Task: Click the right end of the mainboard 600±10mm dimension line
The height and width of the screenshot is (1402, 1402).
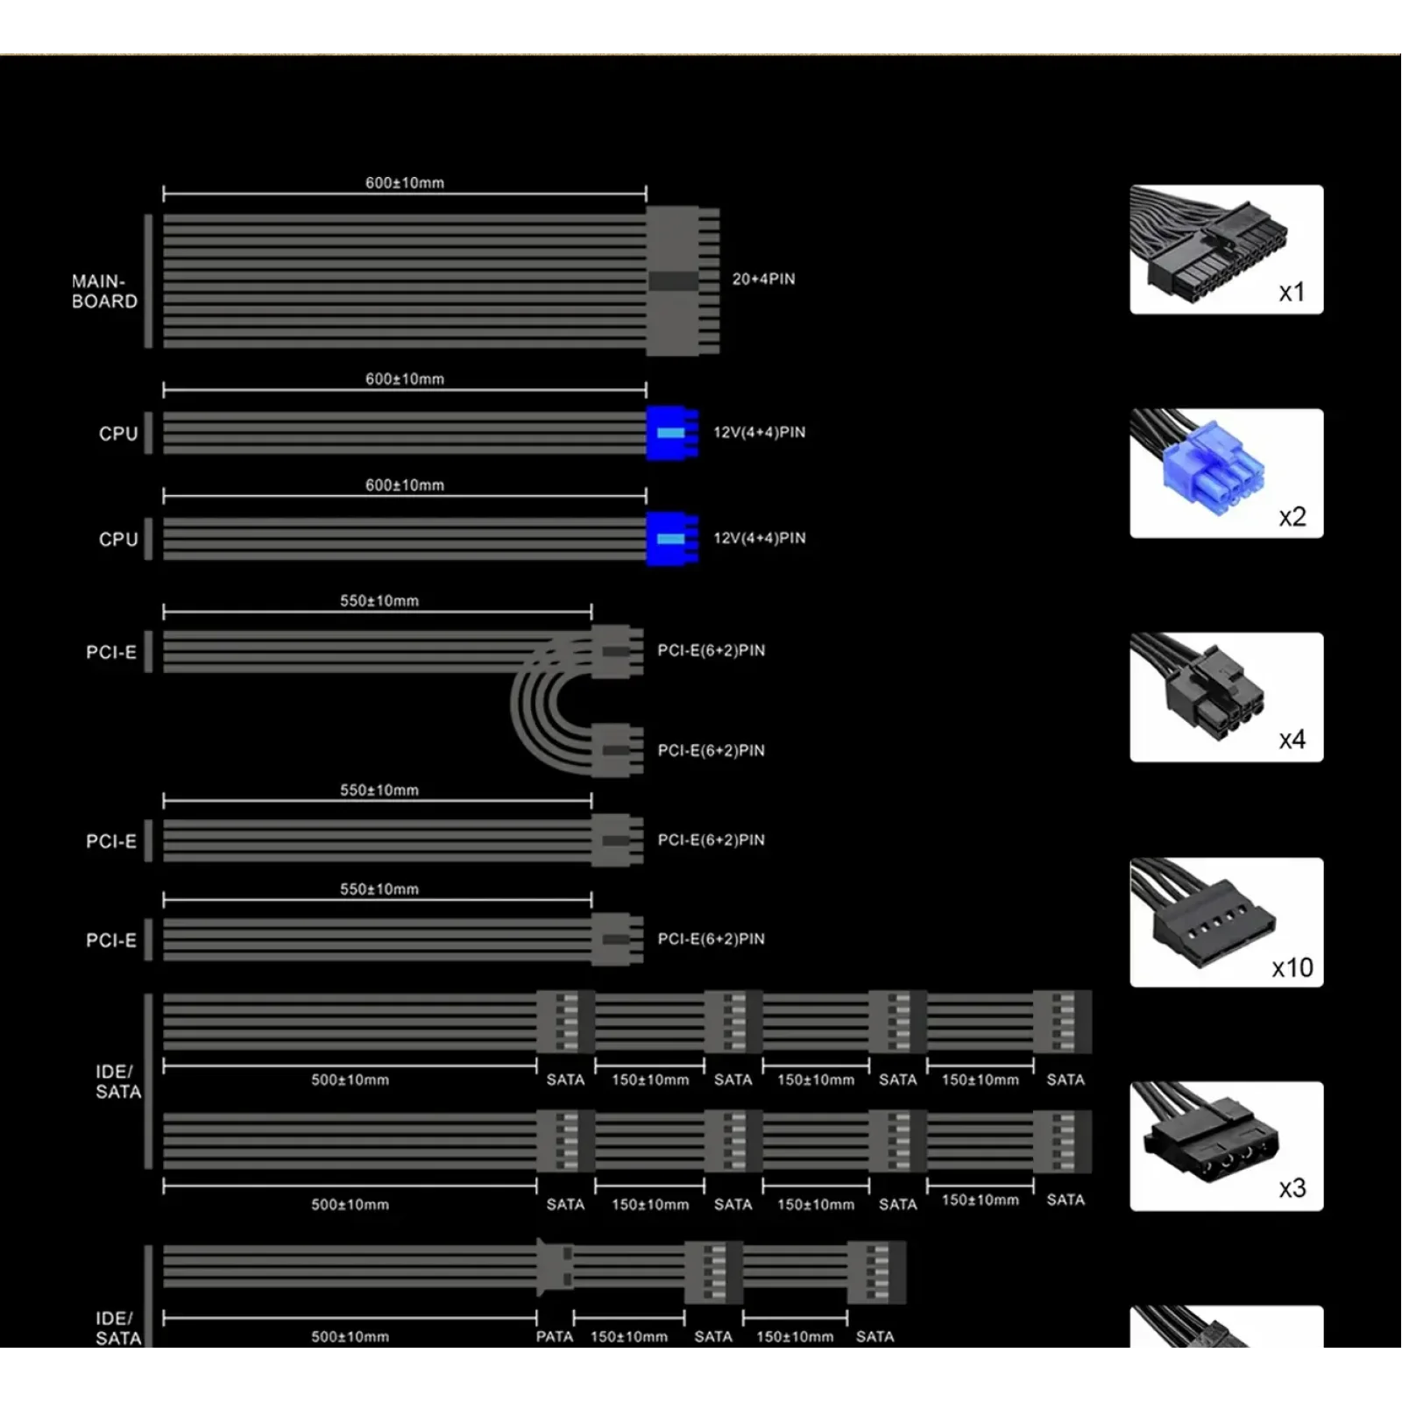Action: pyautogui.click(x=647, y=193)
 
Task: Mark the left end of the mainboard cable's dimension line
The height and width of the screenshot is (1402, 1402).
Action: pyautogui.click(x=164, y=193)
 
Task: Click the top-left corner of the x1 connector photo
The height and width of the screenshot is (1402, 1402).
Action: pyautogui.click(x=1130, y=185)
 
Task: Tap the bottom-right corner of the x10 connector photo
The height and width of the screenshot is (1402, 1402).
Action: pyautogui.click(x=1323, y=987)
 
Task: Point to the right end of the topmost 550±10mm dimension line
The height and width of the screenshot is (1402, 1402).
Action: pyautogui.click(x=591, y=611)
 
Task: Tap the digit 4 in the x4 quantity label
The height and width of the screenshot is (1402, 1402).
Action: pyautogui.click(x=1299, y=740)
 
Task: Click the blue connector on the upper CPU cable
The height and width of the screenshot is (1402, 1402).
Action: pyautogui.click(x=672, y=433)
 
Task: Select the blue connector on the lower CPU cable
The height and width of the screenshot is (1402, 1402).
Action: pyautogui.click(x=672, y=539)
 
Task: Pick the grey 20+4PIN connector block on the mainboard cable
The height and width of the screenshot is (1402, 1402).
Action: pyautogui.click(x=683, y=281)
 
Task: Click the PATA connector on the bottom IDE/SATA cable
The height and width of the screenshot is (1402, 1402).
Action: pyautogui.click(x=554, y=1266)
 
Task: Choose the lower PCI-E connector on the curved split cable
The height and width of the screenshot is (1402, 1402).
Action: pyautogui.click(x=618, y=750)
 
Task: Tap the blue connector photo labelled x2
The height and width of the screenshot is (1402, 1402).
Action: pyautogui.click(x=1227, y=473)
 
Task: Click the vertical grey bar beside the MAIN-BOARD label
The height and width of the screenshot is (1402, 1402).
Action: pyautogui.click(x=148, y=281)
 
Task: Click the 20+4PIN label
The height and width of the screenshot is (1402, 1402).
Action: pyautogui.click(x=763, y=280)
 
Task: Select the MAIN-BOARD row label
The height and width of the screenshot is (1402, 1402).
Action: pyautogui.click(x=104, y=292)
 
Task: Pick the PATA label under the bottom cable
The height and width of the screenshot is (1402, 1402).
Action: pyautogui.click(x=555, y=1336)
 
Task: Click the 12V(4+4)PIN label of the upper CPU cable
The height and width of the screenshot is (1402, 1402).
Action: pyautogui.click(x=760, y=432)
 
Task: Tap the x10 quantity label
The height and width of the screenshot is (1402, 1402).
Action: pyautogui.click(x=1292, y=967)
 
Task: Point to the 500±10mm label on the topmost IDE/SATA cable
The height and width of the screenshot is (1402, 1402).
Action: pyautogui.click(x=350, y=1080)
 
